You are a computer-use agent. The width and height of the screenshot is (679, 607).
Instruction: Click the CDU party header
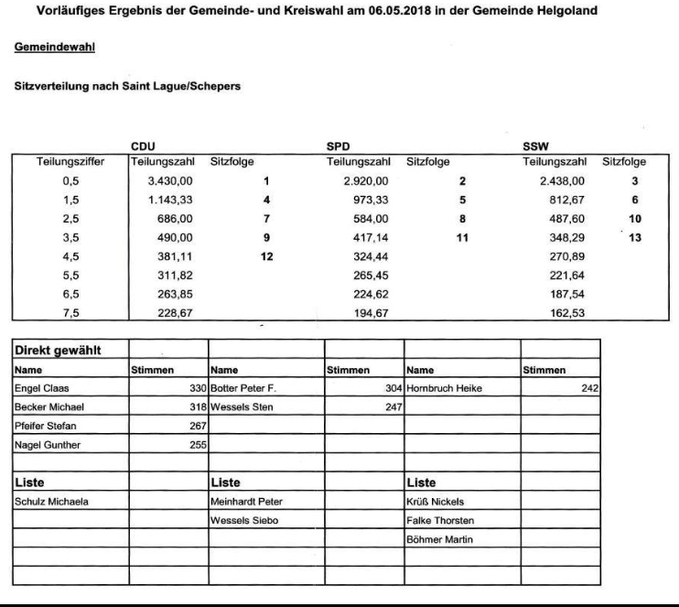[143, 146]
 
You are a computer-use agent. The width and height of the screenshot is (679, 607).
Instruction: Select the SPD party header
[339, 146]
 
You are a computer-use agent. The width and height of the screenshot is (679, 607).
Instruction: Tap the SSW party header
[534, 146]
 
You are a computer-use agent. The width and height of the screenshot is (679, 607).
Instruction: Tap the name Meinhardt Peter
[242, 501]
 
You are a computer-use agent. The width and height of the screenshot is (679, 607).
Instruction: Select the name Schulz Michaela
[46, 501]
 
